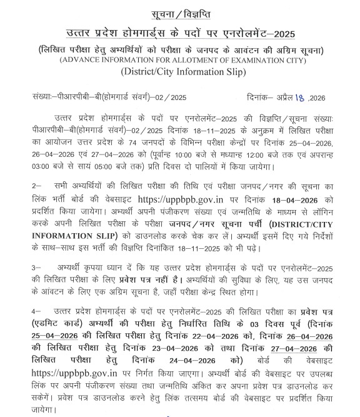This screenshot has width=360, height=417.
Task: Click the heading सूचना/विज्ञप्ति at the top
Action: tap(179, 13)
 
